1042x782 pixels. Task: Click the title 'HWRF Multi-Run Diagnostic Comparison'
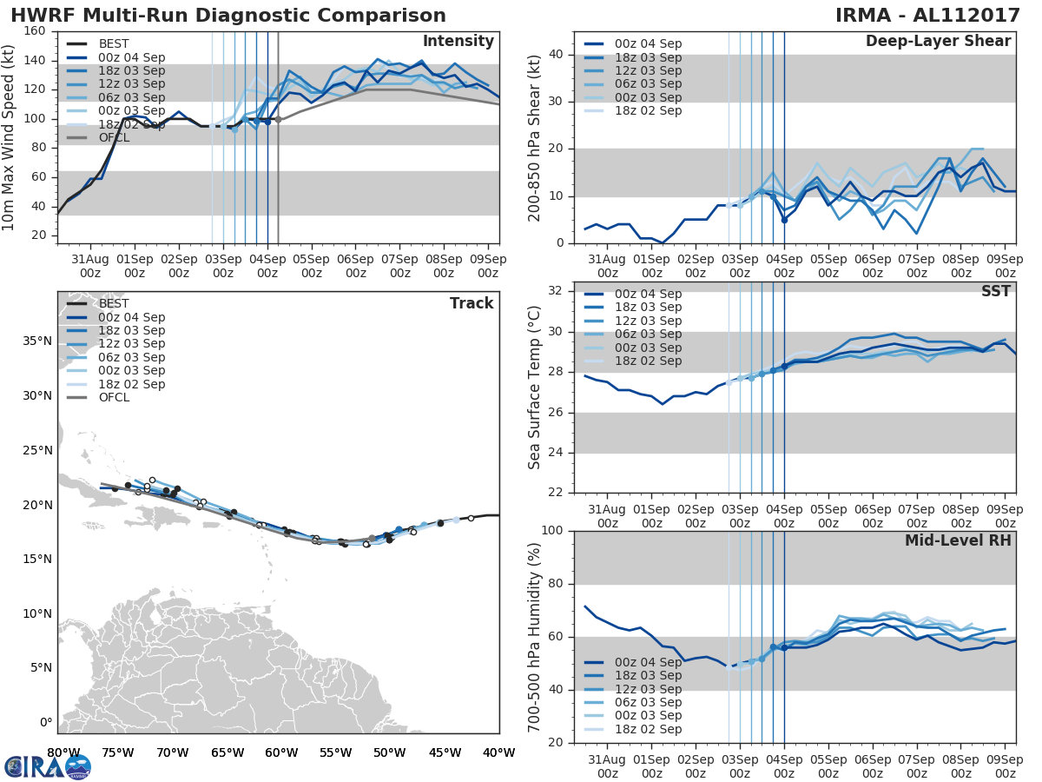tap(228, 16)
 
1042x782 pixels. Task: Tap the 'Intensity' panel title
tap(458, 42)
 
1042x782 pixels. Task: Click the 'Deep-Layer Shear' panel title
tap(938, 42)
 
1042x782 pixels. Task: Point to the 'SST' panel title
tap(995, 291)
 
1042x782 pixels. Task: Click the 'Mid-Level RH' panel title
tap(958, 541)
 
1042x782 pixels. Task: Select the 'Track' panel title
tap(471, 303)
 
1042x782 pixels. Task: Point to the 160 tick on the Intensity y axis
tap(36, 31)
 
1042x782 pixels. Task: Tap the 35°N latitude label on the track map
tap(36, 341)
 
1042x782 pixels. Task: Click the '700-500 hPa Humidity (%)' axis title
tap(535, 636)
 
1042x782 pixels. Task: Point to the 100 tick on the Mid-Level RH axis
tap(553, 531)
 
